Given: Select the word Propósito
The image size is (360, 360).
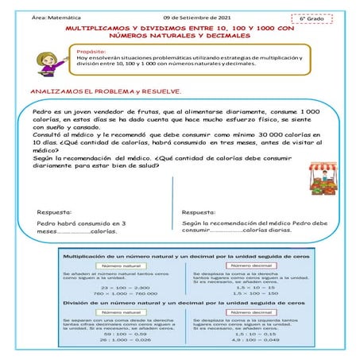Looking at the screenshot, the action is coord(92,50).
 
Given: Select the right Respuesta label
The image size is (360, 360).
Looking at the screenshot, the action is coord(198,213).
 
